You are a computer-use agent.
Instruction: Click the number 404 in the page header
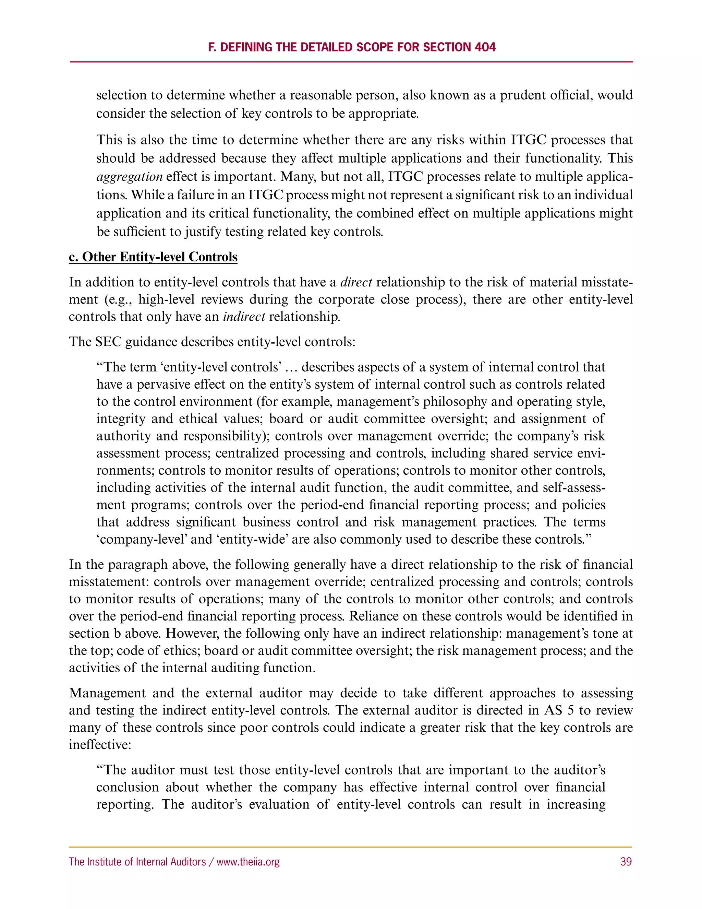click(x=485, y=47)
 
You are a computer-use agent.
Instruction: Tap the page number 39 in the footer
click(x=626, y=862)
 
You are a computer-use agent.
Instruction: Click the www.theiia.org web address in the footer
click(x=248, y=862)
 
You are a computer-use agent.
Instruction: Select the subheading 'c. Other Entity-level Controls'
click(x=153, y=257)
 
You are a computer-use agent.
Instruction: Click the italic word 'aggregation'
click(x=129, y=177)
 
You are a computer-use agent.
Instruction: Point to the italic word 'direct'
click(x=356, y=282)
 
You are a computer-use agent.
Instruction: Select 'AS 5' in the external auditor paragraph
click(x=559, y=710)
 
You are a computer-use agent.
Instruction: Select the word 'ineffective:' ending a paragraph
click(x=100, y=745)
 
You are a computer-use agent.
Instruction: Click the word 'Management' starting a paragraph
click(x=107, y=693)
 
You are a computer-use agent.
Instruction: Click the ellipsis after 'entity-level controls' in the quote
click(x=292, y=367)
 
